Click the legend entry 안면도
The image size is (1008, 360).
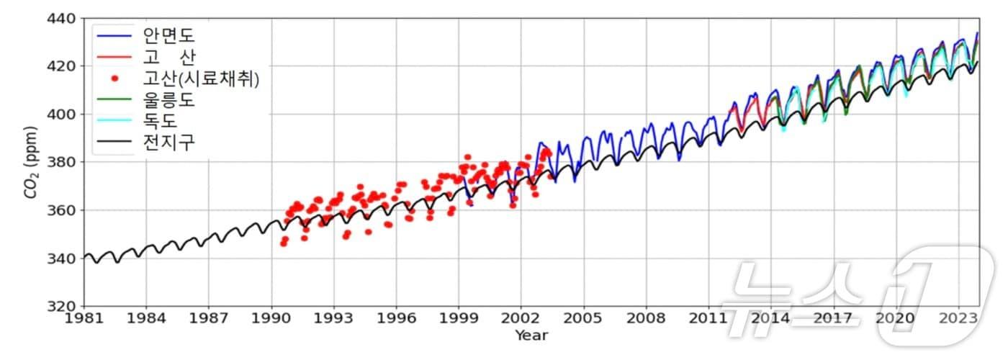tap(169, 34)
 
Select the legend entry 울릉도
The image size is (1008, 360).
tap(169, 100)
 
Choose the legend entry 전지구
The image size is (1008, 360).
tap(169, 144)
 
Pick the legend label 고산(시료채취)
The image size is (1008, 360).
tap(202, 78)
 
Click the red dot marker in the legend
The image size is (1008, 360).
tap(114, 78)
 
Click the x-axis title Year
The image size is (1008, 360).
tap(531, 336)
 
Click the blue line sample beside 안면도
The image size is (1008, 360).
tap(114, 34)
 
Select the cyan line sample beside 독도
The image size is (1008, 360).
tap(114, 122)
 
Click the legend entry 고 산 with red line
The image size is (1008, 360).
tap(169, 56)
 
